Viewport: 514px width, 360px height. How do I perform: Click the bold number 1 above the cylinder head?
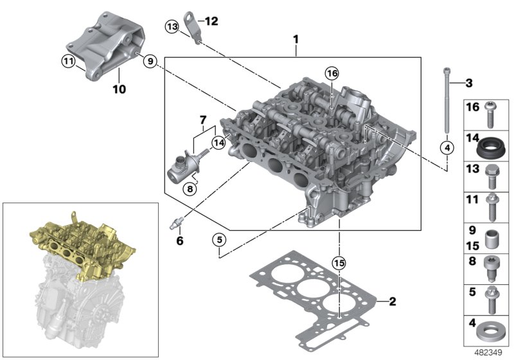(x=296, y=40)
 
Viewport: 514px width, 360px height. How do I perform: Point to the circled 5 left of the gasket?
(x=219, y=240)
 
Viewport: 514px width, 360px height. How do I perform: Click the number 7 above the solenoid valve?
(x=203, y=120)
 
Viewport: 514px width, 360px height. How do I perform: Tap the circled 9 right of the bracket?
(x=149, y=62)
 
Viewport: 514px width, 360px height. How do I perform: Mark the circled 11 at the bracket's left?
(x=68, y=62)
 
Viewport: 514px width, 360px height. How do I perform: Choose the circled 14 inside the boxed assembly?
(x=219, y=143)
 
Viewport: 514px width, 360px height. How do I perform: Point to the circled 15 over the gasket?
(x=338, y=263)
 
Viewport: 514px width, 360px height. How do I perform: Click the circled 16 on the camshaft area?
(x=331, y=73)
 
